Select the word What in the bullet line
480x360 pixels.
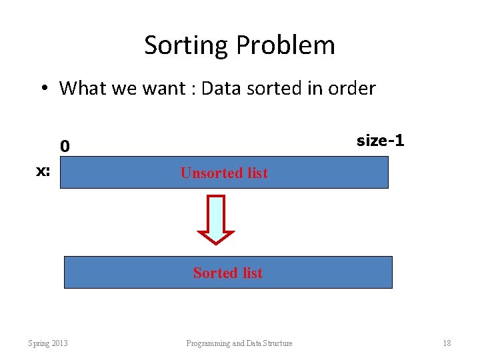point(83,88)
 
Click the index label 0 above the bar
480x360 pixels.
point(65,145)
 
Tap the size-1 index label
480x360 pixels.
point(380,141)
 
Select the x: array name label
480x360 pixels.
point(43,171)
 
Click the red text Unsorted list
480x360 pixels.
point(224,173)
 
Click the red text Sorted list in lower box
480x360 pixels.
point(228,273)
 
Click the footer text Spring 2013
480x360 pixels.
point(47,343)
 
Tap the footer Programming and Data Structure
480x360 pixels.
point(239,343)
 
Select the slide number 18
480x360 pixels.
point(447,343)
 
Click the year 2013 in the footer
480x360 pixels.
point(59,343)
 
